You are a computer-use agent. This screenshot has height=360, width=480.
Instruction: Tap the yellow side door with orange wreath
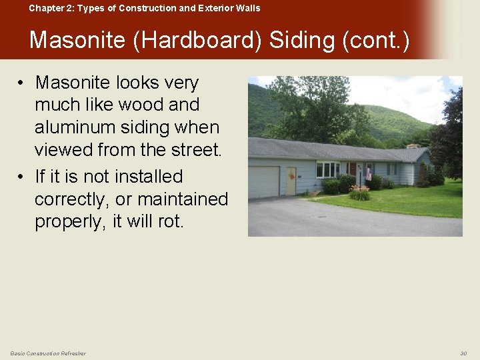click(x=291, y=181)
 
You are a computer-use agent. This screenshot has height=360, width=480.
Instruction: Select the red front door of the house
click(x=353, y=171)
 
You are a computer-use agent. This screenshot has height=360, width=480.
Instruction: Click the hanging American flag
click(x=368, y=174)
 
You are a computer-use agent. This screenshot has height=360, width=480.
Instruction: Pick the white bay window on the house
click(x=327, y=170)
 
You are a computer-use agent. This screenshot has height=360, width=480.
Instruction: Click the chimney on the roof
click(x=413, y=145)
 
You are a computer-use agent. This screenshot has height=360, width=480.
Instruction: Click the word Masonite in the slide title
click(x=77, y=41)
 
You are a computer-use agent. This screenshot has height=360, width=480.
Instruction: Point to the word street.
click(x=193, y=150)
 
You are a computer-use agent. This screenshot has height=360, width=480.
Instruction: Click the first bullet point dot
click(x=22, y=83)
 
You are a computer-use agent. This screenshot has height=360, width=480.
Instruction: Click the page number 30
click(x=463, y=353)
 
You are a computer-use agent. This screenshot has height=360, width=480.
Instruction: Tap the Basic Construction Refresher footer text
click(x=48, y=353)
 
